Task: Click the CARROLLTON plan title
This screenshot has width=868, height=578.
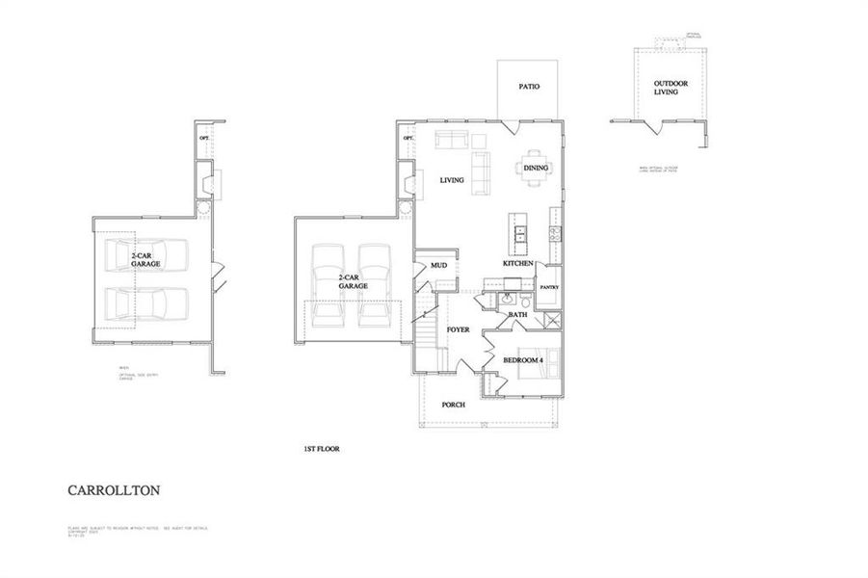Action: point(114,490)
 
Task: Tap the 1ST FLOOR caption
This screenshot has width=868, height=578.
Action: point(322,449)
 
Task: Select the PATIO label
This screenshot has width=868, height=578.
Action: point(529,87)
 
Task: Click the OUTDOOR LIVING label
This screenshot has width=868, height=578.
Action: point(665,88)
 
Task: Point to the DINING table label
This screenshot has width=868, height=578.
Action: point(536,168)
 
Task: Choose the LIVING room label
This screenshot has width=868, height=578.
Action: point(452,180)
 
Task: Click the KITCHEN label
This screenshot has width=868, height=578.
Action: point(517,263)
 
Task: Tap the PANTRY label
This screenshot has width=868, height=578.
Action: point(549,287)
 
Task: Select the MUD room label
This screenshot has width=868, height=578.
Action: point(438,265)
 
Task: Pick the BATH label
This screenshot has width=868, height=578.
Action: point(518,314)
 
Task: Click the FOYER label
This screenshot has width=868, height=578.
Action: point(458,330)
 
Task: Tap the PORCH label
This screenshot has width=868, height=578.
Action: point(453,405)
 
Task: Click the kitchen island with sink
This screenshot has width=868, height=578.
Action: point(520,231)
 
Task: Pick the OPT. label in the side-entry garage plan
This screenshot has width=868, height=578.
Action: point(204,139)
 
